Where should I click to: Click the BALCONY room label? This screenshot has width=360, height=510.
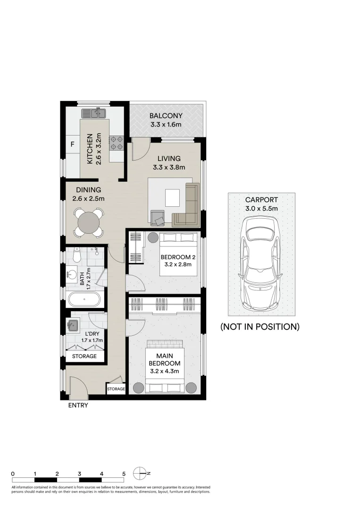point(166,116)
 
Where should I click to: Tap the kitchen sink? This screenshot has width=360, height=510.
point(95,113)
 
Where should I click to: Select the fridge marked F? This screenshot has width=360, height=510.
point(72,144)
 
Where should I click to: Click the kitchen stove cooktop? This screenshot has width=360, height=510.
point(117,143)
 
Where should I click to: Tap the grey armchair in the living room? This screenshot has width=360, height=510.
point(158,217)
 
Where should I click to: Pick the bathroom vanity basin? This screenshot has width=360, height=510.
point(72,275)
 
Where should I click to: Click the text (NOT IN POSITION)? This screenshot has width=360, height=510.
point(260,326)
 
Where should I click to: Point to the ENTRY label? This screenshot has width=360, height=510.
point(78,405)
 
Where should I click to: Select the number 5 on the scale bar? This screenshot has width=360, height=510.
point(124,473)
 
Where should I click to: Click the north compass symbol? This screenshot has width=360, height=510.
point(140,473)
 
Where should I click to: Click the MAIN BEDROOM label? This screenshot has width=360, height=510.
point(164,359)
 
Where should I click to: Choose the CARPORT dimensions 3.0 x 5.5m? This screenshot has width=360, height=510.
point(261,208)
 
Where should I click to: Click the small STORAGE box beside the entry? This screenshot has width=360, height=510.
point(116,389)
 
